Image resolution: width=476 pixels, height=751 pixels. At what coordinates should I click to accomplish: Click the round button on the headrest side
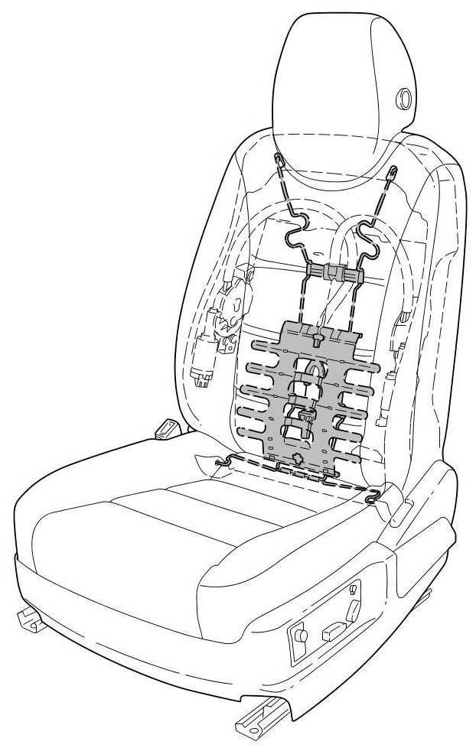click(402, 97)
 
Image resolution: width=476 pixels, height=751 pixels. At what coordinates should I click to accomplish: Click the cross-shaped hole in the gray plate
click(298, 460)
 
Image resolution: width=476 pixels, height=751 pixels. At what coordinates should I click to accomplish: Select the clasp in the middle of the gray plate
click(306, 418)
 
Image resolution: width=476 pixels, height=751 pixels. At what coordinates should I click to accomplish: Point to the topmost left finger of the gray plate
click(264, 347)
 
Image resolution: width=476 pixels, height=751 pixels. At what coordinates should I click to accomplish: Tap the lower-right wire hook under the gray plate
click(373, 497)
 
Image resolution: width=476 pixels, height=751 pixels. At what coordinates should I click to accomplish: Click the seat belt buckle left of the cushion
click(166, 428)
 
